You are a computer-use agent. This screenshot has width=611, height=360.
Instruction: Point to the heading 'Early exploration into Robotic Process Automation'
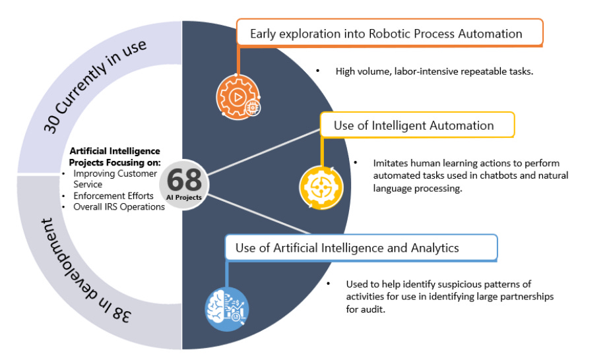tap(386, 34)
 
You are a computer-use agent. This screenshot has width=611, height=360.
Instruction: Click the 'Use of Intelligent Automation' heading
tap(414, 125)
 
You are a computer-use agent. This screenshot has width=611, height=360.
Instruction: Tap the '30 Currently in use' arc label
tap(94, 86)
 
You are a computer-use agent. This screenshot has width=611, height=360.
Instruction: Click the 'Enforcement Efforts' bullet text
tap(114, 196)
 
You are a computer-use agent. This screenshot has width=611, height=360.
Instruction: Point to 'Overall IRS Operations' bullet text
tap(119, 207)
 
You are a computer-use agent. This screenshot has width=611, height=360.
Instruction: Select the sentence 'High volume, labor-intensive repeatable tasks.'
tap(434, 71)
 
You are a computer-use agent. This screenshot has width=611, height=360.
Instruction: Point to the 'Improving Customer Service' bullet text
tap(115, 179)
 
